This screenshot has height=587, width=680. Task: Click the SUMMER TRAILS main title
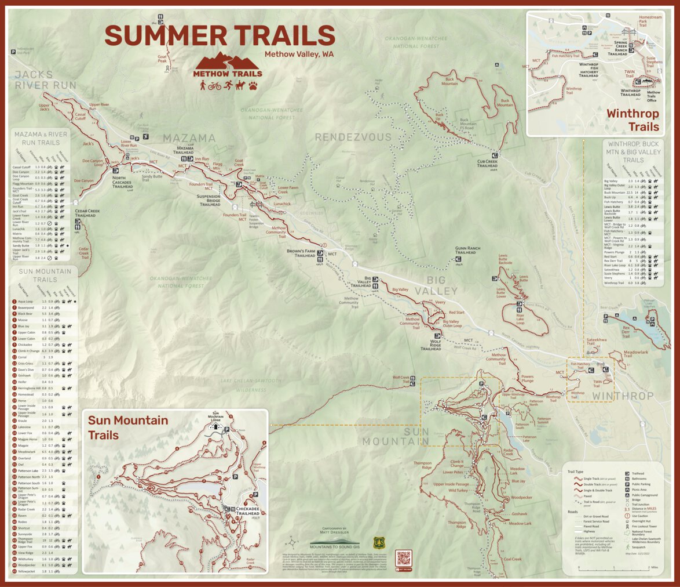tap(220, 36)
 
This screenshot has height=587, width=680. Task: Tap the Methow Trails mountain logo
tap(227, 66)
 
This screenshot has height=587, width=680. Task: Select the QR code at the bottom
tap(403, 558)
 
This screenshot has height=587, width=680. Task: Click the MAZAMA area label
tap(189, 139)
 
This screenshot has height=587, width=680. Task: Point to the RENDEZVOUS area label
tap(353, 137)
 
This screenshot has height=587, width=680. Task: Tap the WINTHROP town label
tap(623, 396)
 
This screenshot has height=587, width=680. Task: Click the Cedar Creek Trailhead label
tap(85, 213)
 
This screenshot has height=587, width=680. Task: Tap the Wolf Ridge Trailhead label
tap(431, 346)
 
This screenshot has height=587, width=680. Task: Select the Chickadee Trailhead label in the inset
tap(247, 511)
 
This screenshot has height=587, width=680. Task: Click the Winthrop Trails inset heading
tap(633, 120)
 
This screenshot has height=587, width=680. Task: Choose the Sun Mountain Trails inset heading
tap(127, 427)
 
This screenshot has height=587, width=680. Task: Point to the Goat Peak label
tap(162, 59)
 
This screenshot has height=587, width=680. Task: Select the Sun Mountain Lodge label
tap(216, 416)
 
